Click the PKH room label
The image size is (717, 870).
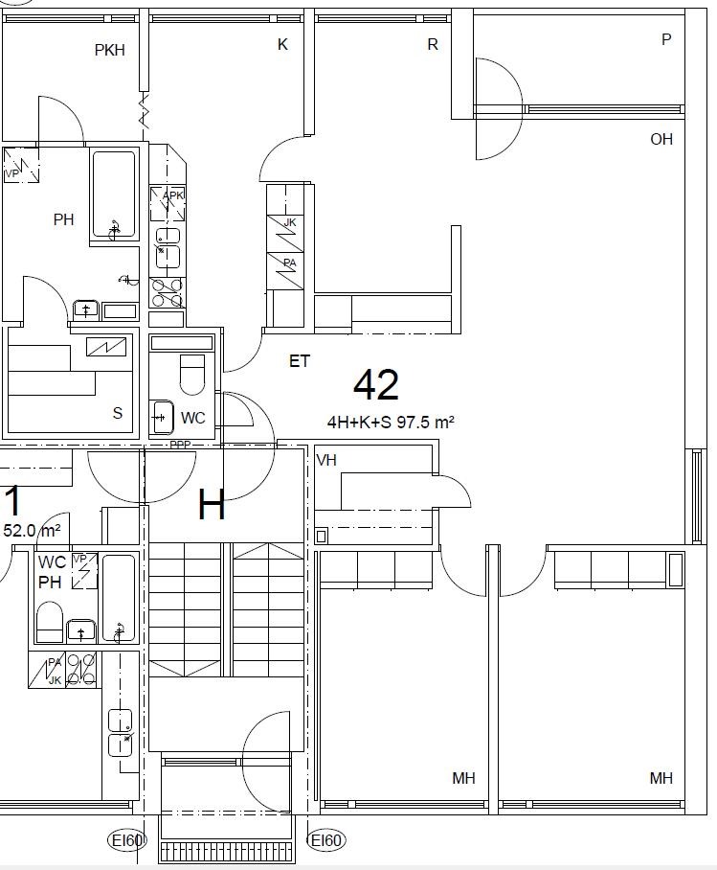pos(109,50)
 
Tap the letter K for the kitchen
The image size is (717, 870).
pos(282,44)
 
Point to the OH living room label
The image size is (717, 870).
pos(661,139)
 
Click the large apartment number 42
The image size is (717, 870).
pos(376,384)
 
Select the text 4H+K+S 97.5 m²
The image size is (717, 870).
pos(391,423)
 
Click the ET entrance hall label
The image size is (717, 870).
pos(299,361)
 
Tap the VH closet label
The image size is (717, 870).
pos(326,460)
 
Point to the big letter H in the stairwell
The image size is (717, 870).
pos(212,504)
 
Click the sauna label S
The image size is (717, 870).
pos(117,413)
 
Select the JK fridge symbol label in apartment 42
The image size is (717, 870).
pos(290,222)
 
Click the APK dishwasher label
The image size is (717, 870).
pos(173,195)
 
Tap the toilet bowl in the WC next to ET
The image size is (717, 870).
pos(191,374)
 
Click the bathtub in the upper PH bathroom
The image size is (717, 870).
pos(114,195)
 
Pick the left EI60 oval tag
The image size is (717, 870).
pos(127,840)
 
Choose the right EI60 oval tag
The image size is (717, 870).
pos(326,840)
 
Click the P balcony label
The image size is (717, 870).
pos(666,39)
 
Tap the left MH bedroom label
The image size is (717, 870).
pos(463,778)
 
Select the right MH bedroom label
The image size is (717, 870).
pos(661,778)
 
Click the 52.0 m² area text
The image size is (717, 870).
pos(33,531)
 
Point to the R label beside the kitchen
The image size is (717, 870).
pos(433,44)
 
